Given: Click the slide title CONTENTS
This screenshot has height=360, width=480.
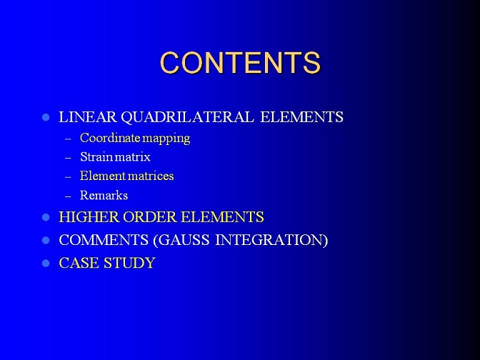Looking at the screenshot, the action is [240, 63].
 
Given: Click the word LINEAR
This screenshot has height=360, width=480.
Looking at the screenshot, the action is [88, 117].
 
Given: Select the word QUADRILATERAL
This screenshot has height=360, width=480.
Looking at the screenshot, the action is [187, 117].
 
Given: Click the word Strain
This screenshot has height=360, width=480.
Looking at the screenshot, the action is [96, 156].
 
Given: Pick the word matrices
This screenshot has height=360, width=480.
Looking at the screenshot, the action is [151, 176].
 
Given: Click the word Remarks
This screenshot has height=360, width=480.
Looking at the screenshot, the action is [104, 195].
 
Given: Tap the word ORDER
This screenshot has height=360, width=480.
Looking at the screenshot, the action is [151, 217].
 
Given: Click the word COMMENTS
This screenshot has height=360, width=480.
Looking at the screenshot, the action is [104, 240].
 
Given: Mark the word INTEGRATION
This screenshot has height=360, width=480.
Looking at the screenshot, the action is [271, 240].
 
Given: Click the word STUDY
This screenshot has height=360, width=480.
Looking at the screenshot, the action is [129, 263].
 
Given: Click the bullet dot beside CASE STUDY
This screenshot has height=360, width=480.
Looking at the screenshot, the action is [46, 264].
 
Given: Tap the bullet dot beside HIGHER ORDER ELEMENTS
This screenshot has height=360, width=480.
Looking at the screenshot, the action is [46, 217].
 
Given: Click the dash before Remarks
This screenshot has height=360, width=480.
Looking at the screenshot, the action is [68, 196].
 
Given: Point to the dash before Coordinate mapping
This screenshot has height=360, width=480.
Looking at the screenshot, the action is [68, 139].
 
